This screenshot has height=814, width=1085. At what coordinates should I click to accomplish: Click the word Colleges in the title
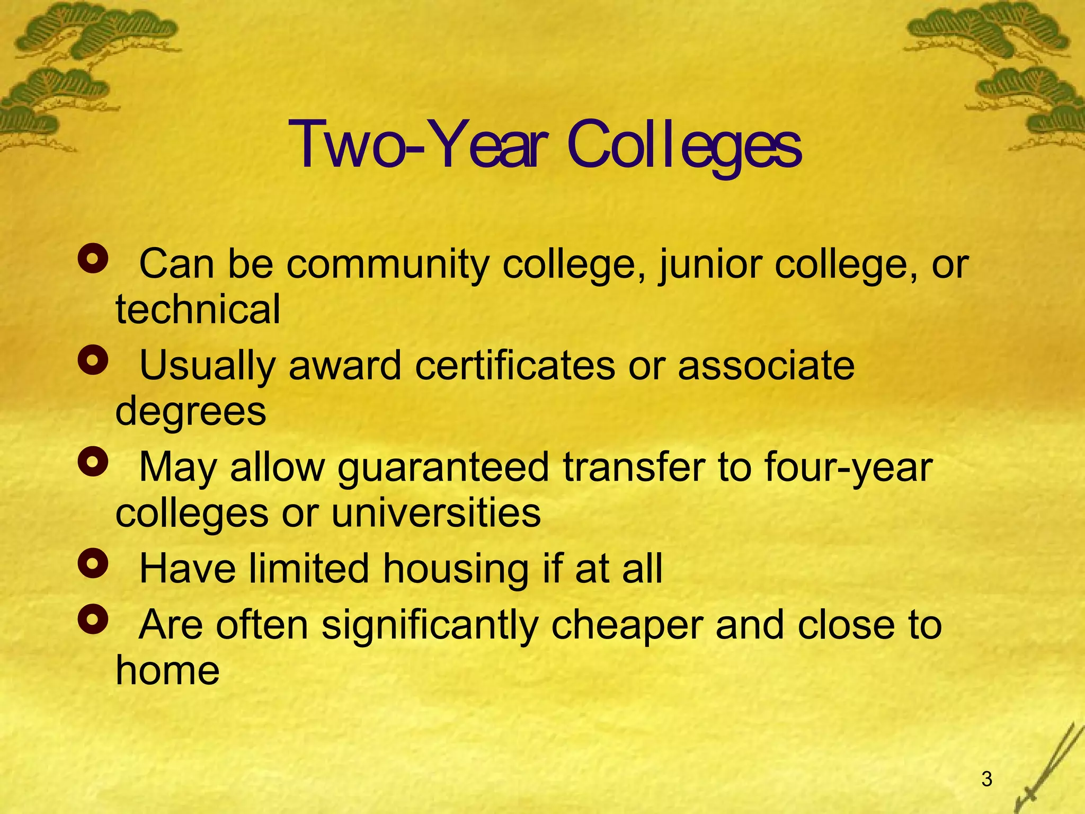(x=684, y=146)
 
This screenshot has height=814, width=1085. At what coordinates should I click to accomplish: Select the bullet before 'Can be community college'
(x=93, y=259)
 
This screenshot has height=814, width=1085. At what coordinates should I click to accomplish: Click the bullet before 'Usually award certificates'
(x=93, y=360)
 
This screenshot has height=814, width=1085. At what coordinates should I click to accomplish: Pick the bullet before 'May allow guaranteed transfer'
(x=93, y=462)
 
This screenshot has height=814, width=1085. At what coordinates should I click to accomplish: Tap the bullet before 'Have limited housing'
(x=93, y=563)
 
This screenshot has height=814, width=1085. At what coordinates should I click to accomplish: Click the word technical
(x=198, y=309)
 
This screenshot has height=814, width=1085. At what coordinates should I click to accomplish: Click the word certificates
(x=515, y=366)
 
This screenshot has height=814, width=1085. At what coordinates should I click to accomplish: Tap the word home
(x=167, y=670)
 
